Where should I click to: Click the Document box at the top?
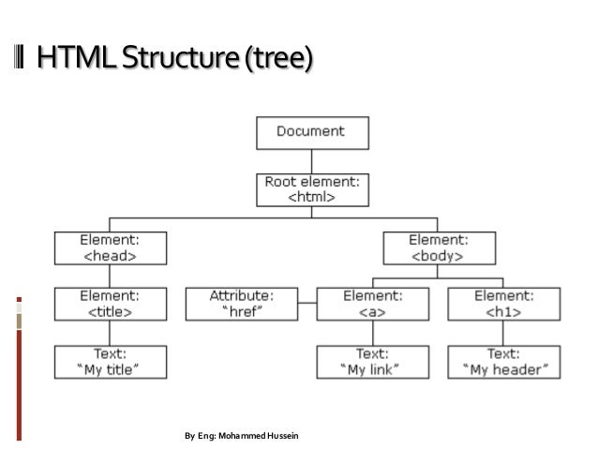pos(309,132)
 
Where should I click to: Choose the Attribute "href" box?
pos(242,304)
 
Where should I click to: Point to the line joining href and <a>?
pos(307,304)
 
